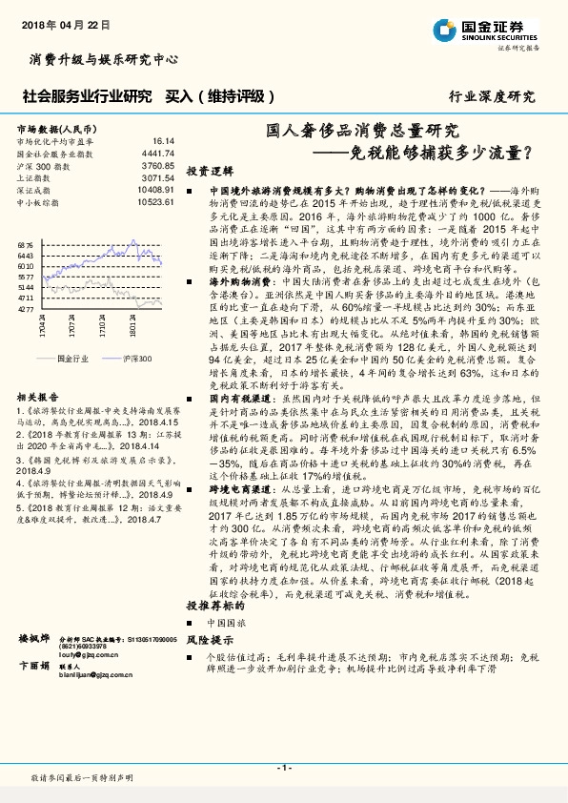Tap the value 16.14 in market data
163,140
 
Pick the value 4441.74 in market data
158,153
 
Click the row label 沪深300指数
45,165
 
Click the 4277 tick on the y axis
26,309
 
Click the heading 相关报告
38,396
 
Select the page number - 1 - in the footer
284,767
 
